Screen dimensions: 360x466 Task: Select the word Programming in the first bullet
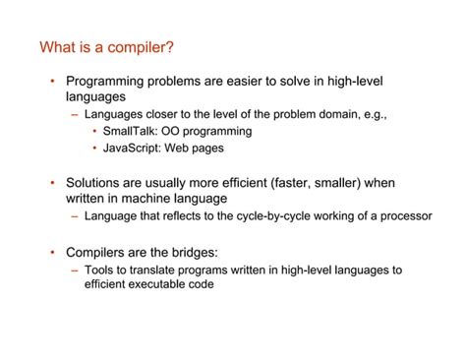click(x=108, y=82)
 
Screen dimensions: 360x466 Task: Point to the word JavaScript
click(x=134, y=149)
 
